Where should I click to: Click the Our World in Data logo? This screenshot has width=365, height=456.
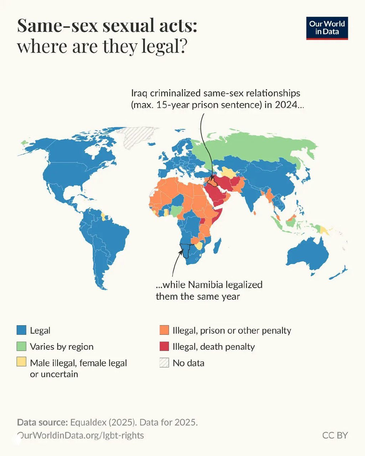tap(327, 28)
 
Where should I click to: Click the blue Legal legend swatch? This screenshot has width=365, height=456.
tap(22, 330)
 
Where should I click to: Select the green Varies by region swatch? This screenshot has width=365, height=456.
tap(22, 346)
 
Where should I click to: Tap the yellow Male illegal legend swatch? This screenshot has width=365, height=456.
tap(22, 362)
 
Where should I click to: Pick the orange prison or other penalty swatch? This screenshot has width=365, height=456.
tap(164, 330)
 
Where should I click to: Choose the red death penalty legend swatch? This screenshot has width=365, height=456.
tap(164, 346)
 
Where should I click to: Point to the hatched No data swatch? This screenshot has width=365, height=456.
tap(164, 363)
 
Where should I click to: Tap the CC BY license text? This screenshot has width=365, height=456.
tap(335, 435)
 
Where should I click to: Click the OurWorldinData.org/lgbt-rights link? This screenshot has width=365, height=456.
tap(81, 435)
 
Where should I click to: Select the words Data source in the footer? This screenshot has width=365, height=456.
tap(42, 423)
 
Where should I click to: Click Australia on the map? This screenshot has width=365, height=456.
tap(307, 254)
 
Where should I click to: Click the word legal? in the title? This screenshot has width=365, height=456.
tap(163, 47)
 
